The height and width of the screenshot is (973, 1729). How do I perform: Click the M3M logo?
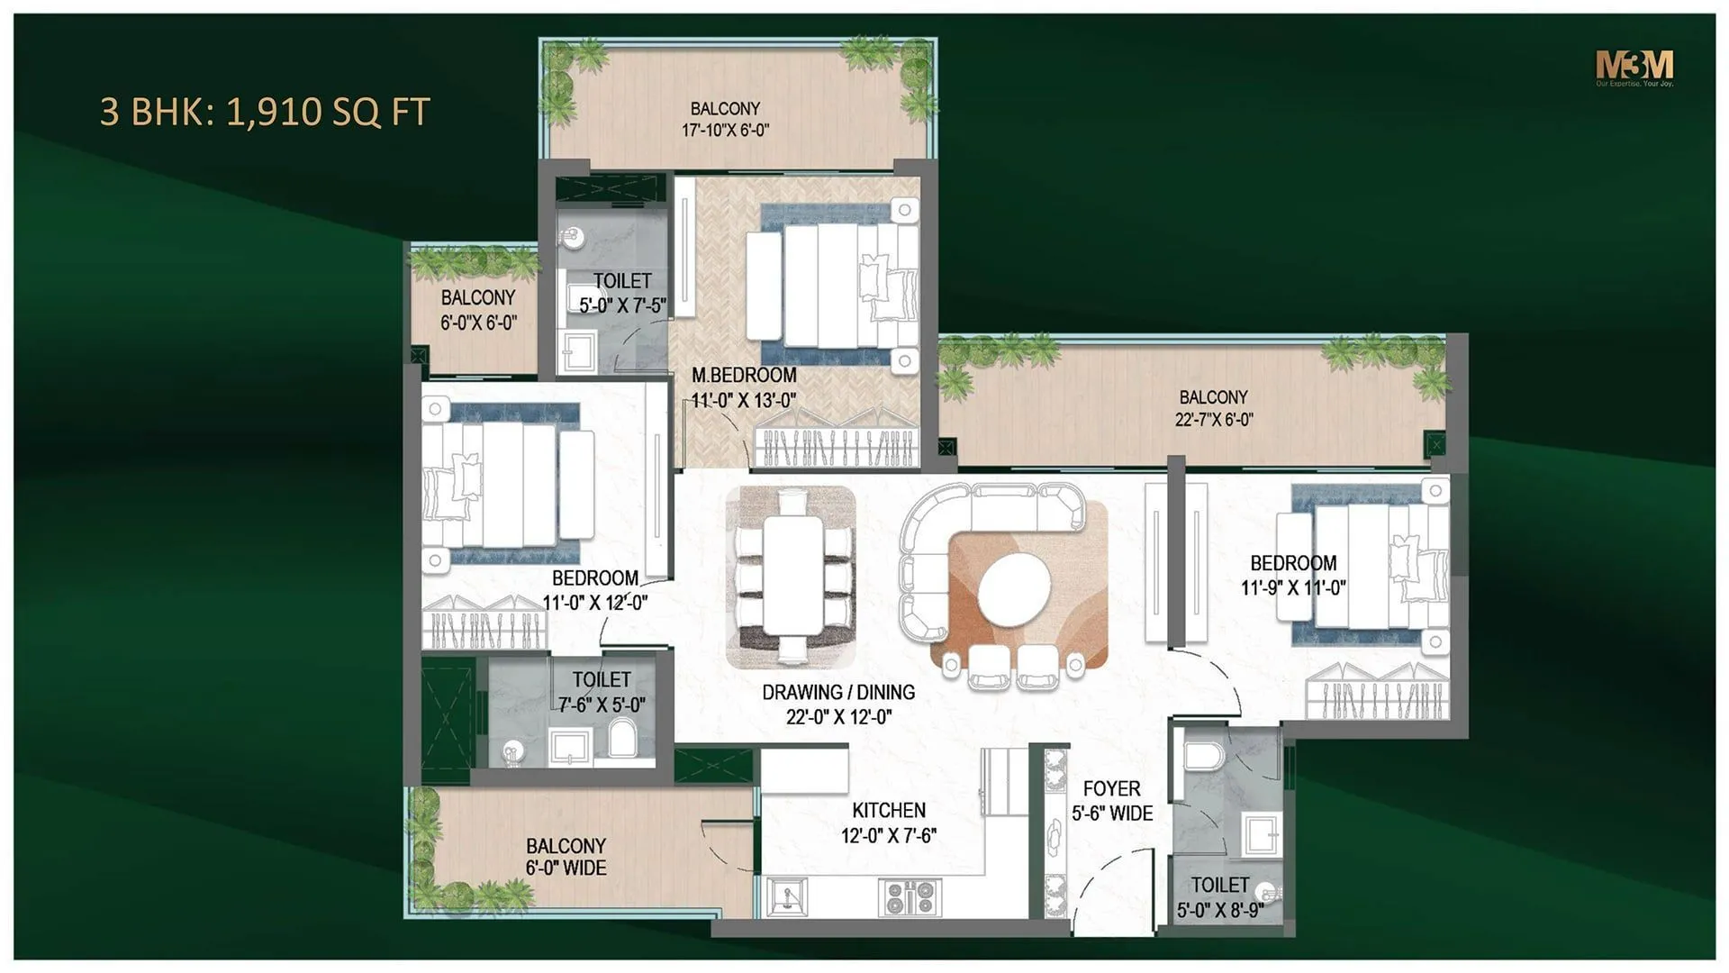point(1634,67)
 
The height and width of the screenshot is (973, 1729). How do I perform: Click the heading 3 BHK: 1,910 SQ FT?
point(265,112)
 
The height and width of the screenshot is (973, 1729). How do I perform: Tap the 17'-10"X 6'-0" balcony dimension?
point(725,131)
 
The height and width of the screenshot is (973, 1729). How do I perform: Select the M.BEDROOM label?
point(744,375)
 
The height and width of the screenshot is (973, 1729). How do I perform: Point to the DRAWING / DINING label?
point(838,692)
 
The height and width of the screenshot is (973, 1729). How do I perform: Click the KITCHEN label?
point(889,810)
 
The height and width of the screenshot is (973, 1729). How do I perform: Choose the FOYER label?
point(1111,788)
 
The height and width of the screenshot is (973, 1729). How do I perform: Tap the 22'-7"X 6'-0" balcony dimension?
point(1213,419)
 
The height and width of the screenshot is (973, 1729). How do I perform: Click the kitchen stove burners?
point(909,897)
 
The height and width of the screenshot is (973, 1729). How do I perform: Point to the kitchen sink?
point(787,897)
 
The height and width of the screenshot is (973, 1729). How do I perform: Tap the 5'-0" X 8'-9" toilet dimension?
point(1219,910)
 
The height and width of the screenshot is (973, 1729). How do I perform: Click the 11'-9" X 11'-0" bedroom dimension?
point(1293,588)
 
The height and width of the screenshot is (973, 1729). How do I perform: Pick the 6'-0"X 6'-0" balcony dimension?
point(478,323)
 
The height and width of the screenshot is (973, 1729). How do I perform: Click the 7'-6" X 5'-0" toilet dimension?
point(602,705)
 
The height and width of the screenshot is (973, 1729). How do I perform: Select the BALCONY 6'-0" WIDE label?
point(566,857)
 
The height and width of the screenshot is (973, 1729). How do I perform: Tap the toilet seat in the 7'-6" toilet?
point(622,739)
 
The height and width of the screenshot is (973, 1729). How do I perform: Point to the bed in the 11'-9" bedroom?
point(1369,566)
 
